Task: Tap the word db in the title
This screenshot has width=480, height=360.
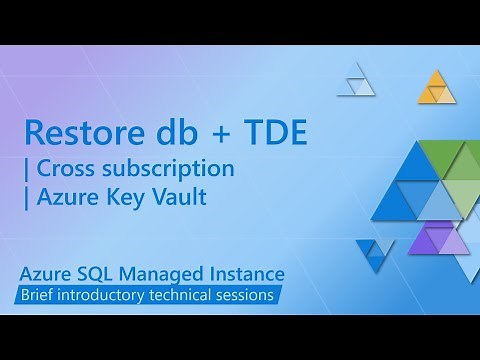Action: [172, 132]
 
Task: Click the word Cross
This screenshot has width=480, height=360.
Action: [68, 167]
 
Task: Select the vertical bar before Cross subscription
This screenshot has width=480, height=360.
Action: [28, 168]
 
